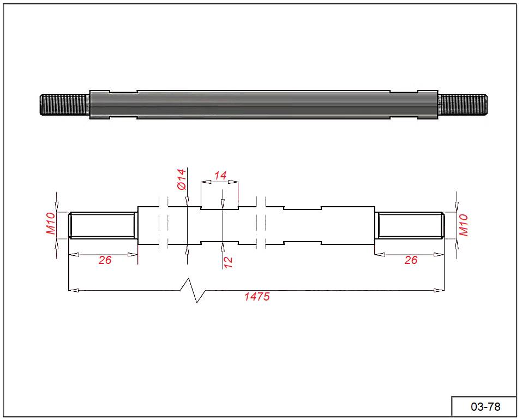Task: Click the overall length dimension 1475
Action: [257, 296]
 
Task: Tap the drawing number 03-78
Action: [485, 407]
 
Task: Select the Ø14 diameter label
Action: [182, 179]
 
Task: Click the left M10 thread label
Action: [51, 224]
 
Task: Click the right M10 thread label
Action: [464, 225]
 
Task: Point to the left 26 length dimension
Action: [105, 260]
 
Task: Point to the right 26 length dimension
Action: [411, 260]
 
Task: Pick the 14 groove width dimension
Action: [220, 176]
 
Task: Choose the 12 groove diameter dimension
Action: [228, 262]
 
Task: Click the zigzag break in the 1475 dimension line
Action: [193, 291]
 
